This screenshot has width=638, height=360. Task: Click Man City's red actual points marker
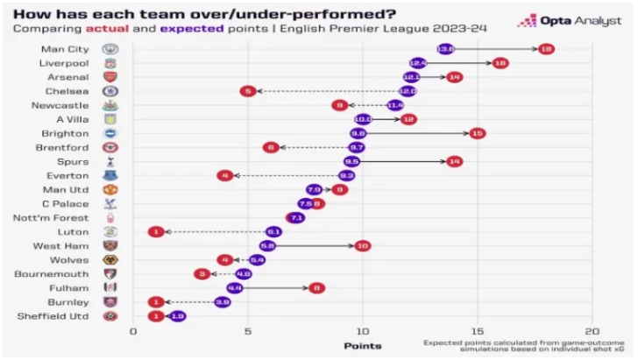tap(546, 49)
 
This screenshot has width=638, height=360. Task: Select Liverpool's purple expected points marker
tap(417, 63)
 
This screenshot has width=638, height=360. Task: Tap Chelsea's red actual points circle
tap(248, 91)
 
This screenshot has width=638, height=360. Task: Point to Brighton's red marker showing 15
tap(477, 133)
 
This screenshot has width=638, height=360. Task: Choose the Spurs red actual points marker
tap(454, 161)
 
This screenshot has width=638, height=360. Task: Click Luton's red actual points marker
tap(156, 232)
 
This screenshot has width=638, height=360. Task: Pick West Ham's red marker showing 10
tap(362, 246)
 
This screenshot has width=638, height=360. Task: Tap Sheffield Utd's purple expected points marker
tap(177, 316)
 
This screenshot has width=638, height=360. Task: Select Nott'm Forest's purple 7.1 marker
tap(295, 217)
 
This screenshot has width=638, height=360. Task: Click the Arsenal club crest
tap(110, 77)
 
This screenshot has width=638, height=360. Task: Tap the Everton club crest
tap(110, 175)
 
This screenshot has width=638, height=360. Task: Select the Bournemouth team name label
tap(60, 274)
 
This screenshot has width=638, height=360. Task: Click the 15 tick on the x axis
tap(477, 331)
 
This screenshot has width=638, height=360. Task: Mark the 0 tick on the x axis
tap(133, 331)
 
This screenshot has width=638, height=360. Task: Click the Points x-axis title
tap(362, 346)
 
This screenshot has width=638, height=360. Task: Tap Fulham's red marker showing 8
tap(316, 288)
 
